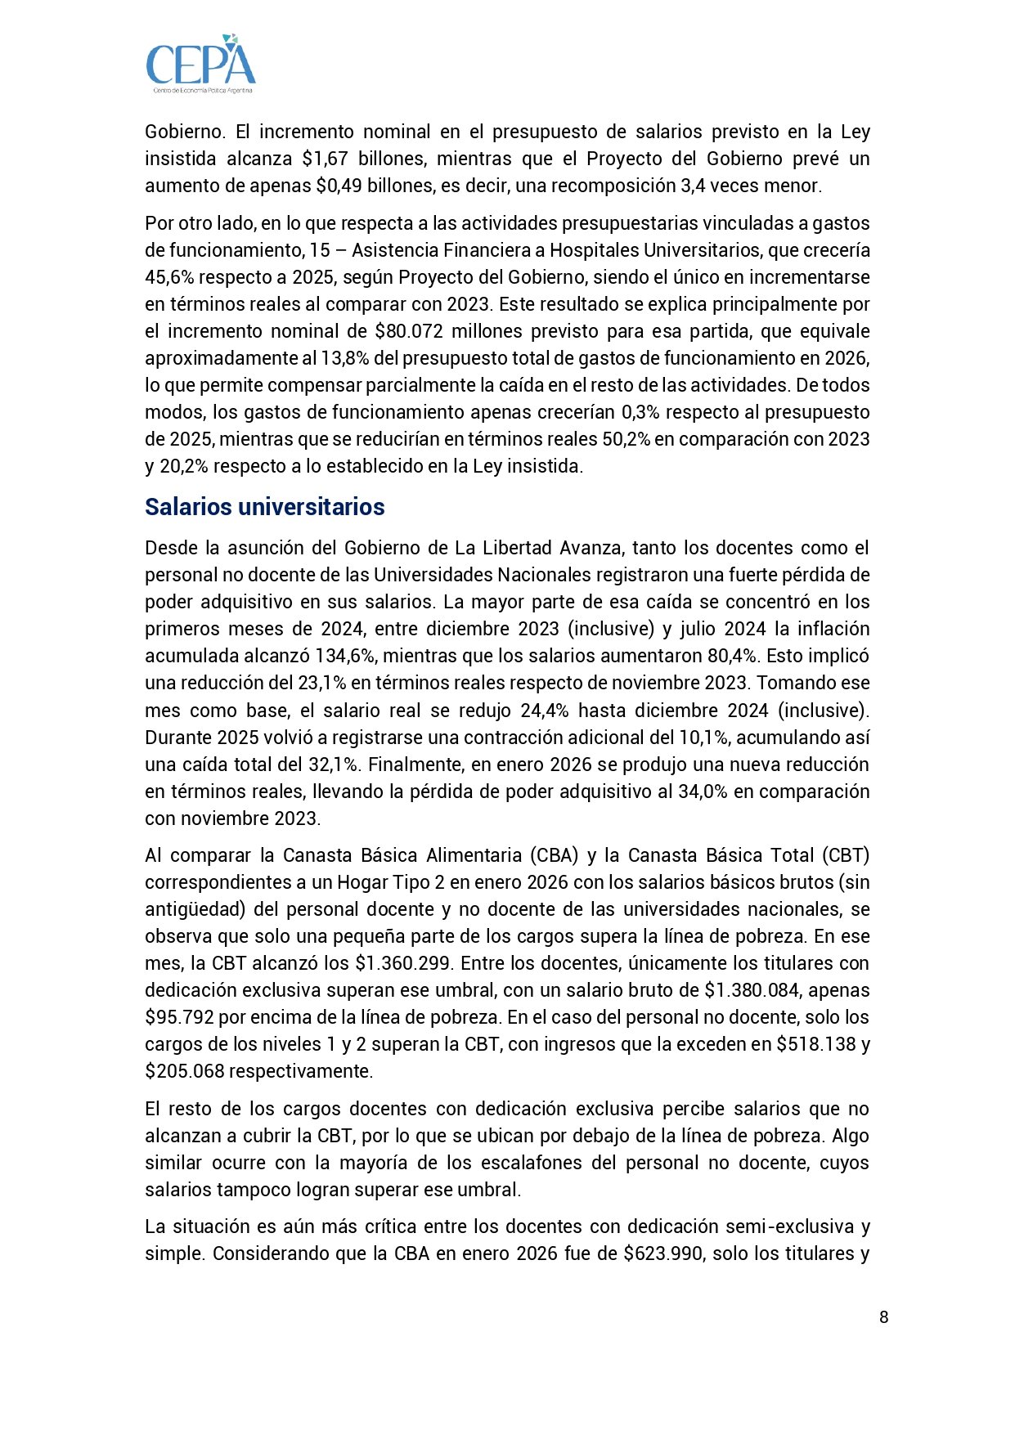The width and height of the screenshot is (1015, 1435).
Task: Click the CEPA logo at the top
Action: (x=200, y=63)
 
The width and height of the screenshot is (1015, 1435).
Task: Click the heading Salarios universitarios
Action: (x=264, y=507)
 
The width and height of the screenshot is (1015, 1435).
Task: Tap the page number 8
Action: (x=883, y=1316)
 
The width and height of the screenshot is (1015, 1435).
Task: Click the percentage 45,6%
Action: (x=169, y=277)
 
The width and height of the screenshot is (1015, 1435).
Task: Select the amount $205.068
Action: (x=184, y=1071)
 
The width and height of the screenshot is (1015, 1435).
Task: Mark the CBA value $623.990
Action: (x=663, y=1253)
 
